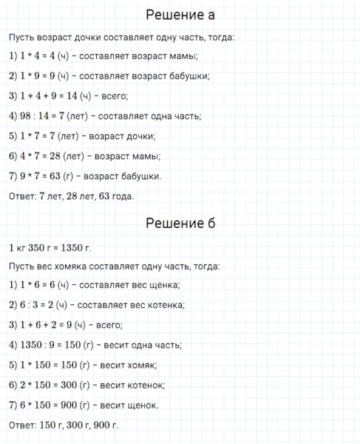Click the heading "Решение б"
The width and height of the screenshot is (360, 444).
point(180,223)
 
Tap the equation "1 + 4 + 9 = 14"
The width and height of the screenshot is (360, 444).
point(52,95)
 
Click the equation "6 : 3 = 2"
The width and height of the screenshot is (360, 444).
point(41,304)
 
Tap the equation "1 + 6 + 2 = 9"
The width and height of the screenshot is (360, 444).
point(49,324)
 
